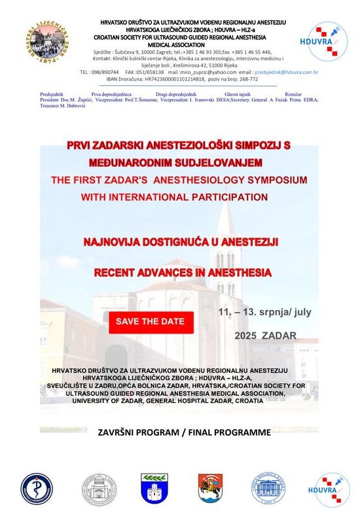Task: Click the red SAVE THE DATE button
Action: [x=151, y=322]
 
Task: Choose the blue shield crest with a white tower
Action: [x=155, y=489]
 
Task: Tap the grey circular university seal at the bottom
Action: [x=98, y=489]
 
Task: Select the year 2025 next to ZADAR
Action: [x=245, y=336]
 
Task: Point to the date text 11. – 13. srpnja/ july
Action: [x=264, y=312]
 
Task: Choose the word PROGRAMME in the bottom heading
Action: [x=238, y=432]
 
